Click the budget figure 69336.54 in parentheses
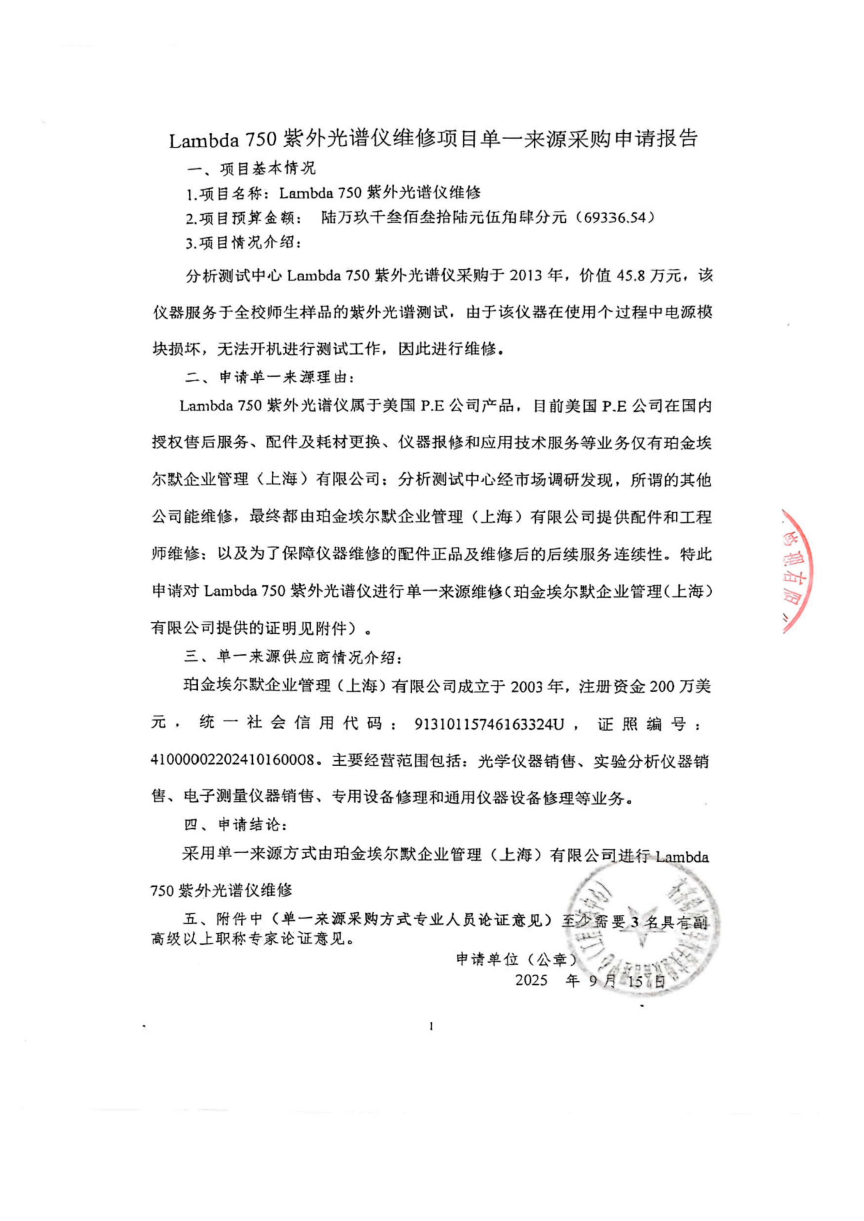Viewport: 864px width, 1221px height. tap(612, 218)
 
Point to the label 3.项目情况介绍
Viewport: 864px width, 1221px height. tap(243, 243)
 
